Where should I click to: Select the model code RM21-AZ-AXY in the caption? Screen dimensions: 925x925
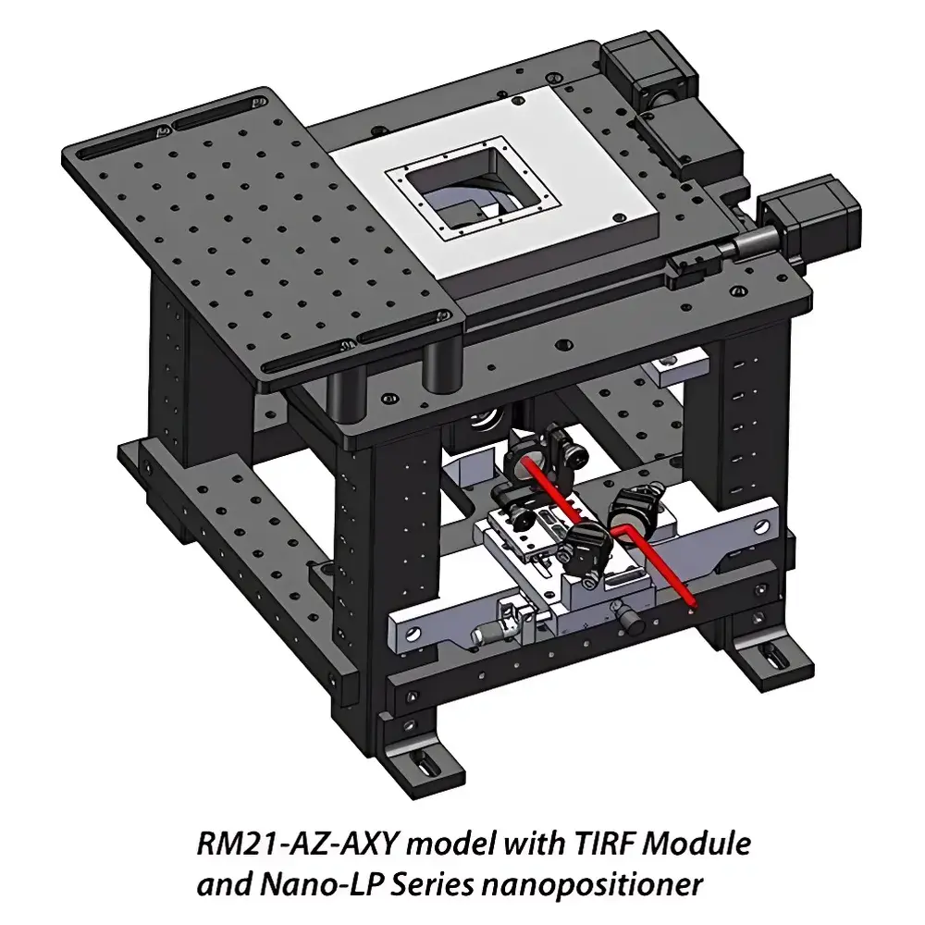pyautogui.click(x=298, y=844)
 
